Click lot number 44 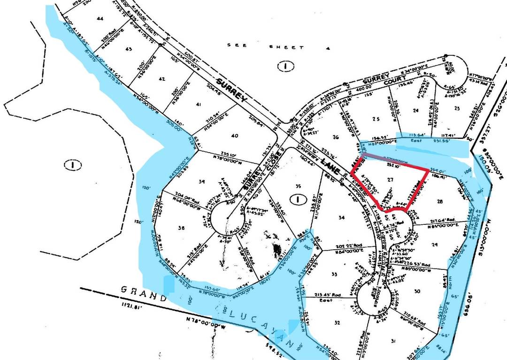coord(100,18)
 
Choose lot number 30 coord(417,291)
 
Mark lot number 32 coord(336,322)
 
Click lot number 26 coord(335,137)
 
